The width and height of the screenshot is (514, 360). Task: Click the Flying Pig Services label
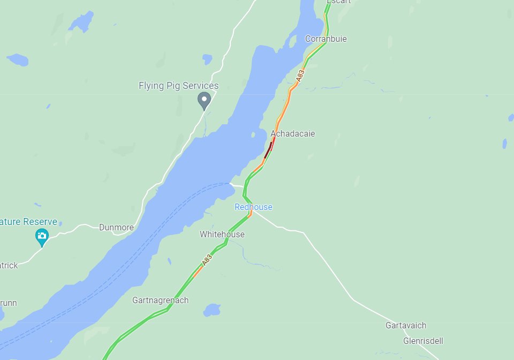pyautogui.click(x=178, y=86)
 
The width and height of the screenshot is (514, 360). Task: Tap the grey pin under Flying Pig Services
pyautogui.click(x=203, y=100)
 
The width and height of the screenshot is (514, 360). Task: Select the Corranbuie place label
pyautogui.click(x=326, y=39)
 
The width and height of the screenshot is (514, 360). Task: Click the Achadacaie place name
pyautogui.click(x=292, y=133)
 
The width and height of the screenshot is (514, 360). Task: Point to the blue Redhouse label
pyautogui.click(x=253, y=207)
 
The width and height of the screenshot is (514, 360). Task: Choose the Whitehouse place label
pyautogui.click(x=222, y=234)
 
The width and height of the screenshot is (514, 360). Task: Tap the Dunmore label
pyautogui.click(x=116, y=227)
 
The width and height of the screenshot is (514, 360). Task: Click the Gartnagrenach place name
pyautogui.click(x=160, y=301)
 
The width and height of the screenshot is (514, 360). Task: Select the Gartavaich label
pyautogui.click(x=406, y=325)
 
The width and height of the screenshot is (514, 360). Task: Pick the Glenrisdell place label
pyautogui.click(x=423, y=341)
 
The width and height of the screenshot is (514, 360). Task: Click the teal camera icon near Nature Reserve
pyautogui.click(x=42, y=236)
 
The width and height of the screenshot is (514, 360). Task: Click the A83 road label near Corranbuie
pyautogui.click(x=300, y=76)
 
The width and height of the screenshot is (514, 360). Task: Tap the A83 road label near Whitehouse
pyautogui.click(x=207, y=259)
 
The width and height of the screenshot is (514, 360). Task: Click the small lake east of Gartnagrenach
pyautogui.click(x=212, y=310)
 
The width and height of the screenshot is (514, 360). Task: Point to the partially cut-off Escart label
pyautogui.click(x=339, y=2)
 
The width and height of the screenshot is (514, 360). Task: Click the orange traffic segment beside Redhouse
pyautogui.click(x=250, y=214)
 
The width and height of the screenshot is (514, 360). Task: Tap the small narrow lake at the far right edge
pyautogui.click(x=504, y=144)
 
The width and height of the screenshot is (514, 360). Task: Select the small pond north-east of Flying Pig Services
pyautogui.click(x=207, y=58)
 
